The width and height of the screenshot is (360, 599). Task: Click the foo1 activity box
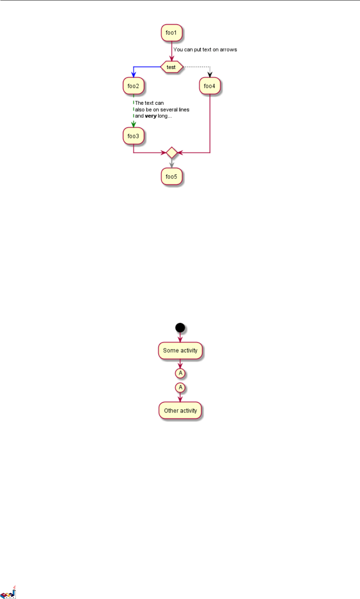click(x=171, y=33)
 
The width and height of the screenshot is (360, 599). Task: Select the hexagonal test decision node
click(x=171, y=67)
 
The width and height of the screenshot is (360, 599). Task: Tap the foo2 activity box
click(x=133, y=86)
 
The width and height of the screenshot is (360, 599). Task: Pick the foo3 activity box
click(x=133, y=136)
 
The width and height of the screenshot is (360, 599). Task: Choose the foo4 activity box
click(x=209, y=86)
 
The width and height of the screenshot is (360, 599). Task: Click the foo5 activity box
click(x=171, y=177)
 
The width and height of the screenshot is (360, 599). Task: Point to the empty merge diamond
click(x=171, y=152)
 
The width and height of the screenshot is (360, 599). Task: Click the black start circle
click(x=180, y=328)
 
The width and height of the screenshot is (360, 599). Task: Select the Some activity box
click(x=180, y=350)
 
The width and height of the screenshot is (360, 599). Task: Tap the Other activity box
click(x=180, y=411)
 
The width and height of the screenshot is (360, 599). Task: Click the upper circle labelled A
click(x=180, y=373)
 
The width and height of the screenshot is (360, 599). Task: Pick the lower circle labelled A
click(x=180, y=388)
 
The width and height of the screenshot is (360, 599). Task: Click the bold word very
click(x=151, y=116)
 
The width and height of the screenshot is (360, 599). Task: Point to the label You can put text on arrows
click(x=205, y=50)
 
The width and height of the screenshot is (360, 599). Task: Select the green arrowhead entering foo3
click(x=133, y=125)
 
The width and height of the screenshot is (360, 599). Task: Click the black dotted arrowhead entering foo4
click(x=210, y=75)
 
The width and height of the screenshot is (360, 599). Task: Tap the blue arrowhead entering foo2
click(x=134, y=75)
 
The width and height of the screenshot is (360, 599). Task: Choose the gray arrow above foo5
click(x=171, y=163)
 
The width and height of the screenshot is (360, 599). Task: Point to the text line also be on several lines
click(x=162, y=109)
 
